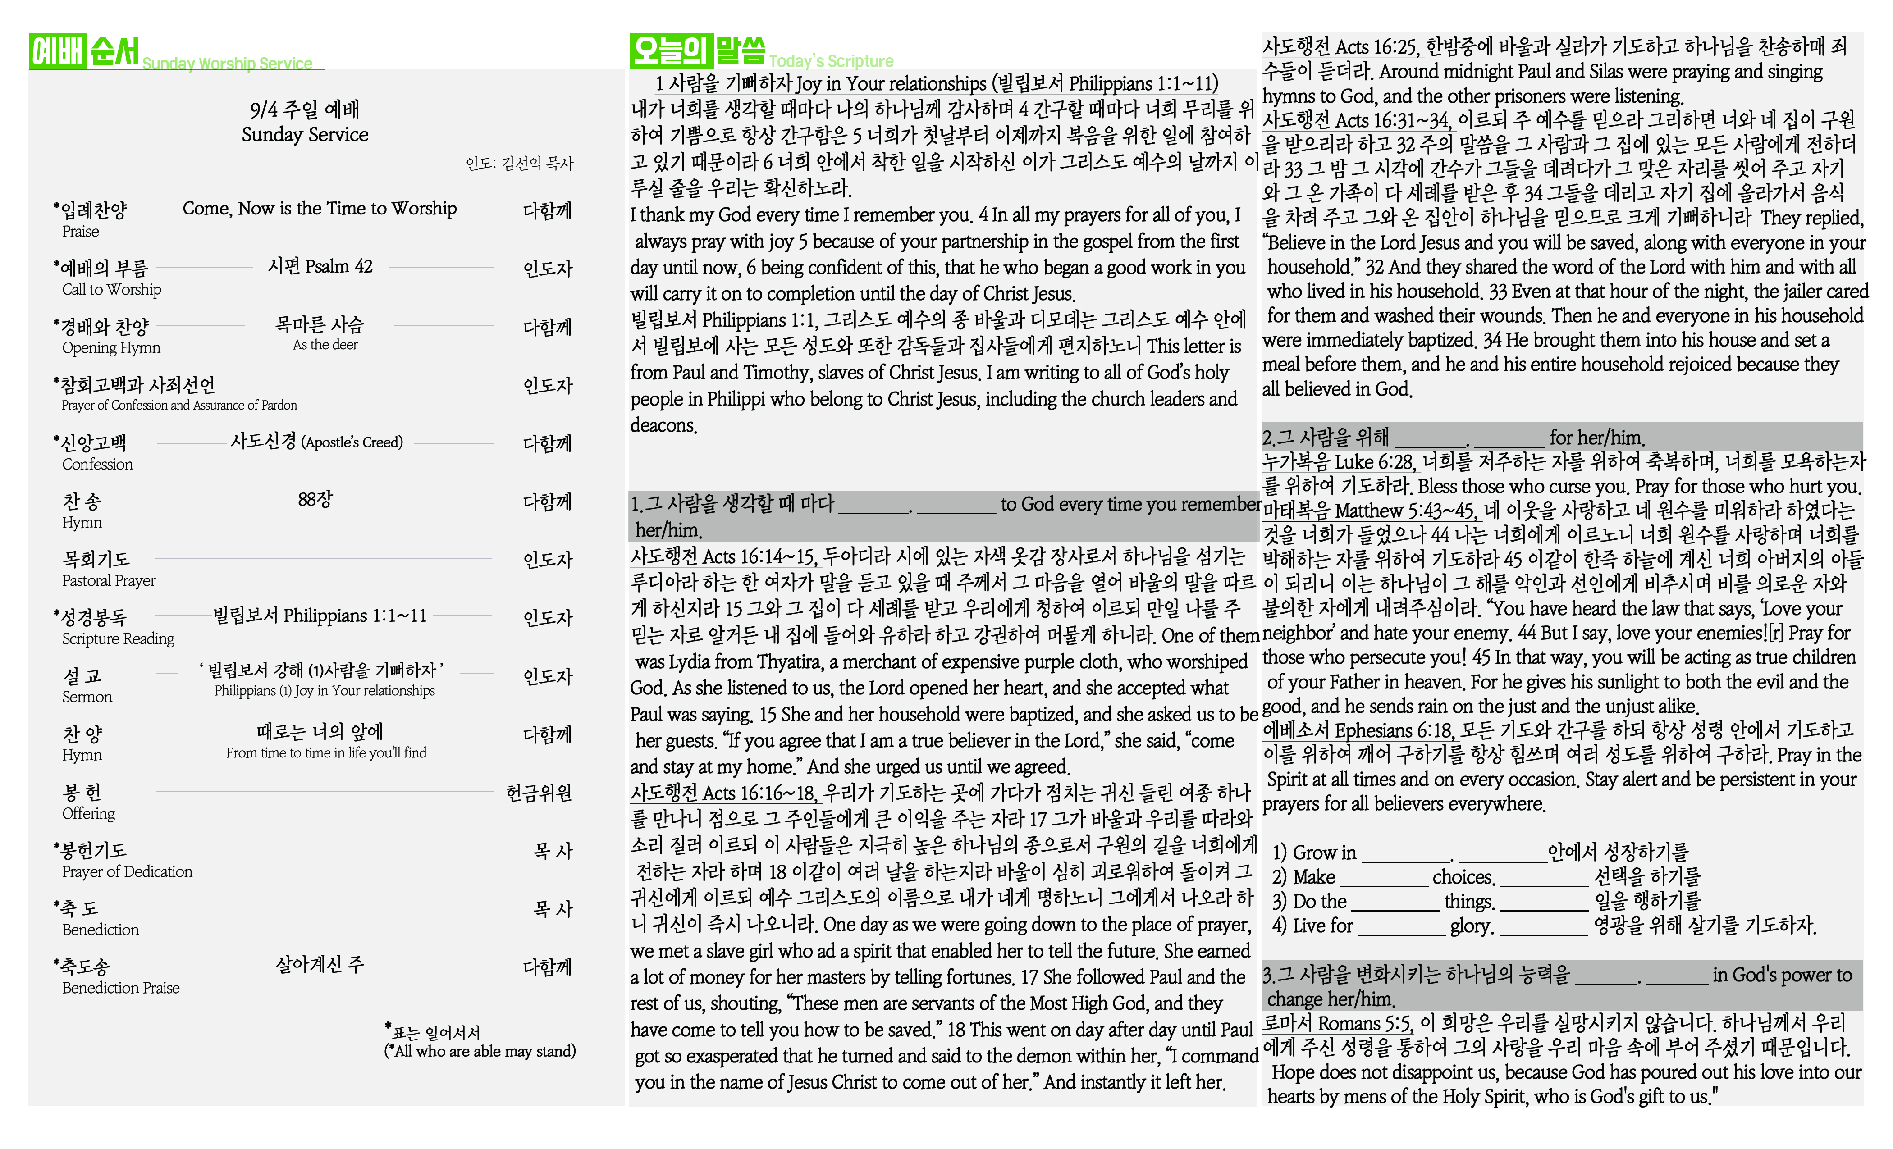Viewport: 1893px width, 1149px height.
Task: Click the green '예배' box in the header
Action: click(57, 51)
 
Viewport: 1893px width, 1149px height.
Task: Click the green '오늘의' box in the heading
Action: click(670, 50)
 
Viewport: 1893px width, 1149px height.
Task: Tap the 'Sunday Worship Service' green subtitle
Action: click(228, 64)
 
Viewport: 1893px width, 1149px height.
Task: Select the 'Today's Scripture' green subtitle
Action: click(831, 61)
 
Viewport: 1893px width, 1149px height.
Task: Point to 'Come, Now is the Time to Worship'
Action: click(320, 209)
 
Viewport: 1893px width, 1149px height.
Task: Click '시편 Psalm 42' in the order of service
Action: click(320, 266)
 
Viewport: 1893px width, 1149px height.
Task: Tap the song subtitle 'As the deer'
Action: click(325, 345)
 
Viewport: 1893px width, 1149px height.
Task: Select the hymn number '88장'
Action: click(315, 499)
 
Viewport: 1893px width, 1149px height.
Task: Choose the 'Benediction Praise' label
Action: click(121, 988)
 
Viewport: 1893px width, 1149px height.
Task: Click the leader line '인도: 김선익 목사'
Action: click(519, 164)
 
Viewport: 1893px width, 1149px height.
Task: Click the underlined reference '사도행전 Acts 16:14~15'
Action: click(724, 556)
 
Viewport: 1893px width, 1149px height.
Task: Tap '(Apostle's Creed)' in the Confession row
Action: click(352, 442)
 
